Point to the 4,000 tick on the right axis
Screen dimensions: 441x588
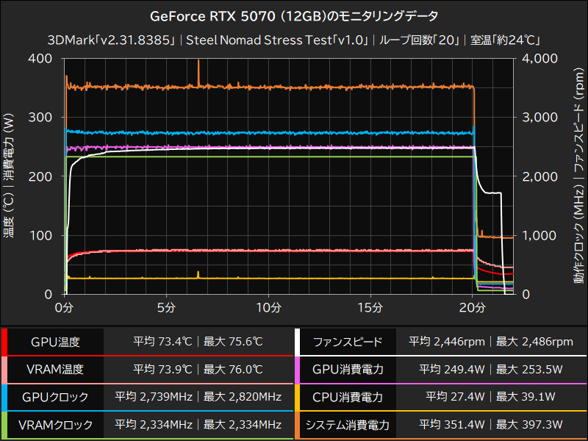pos(539,59)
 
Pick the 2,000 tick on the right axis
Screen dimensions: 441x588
pos(539,176)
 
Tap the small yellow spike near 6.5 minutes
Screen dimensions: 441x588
pos(198,273)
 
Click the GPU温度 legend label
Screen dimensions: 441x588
pos(55,342)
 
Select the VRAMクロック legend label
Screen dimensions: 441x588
pos(55,424)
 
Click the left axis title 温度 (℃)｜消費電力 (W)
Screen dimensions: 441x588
pos(10,176)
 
